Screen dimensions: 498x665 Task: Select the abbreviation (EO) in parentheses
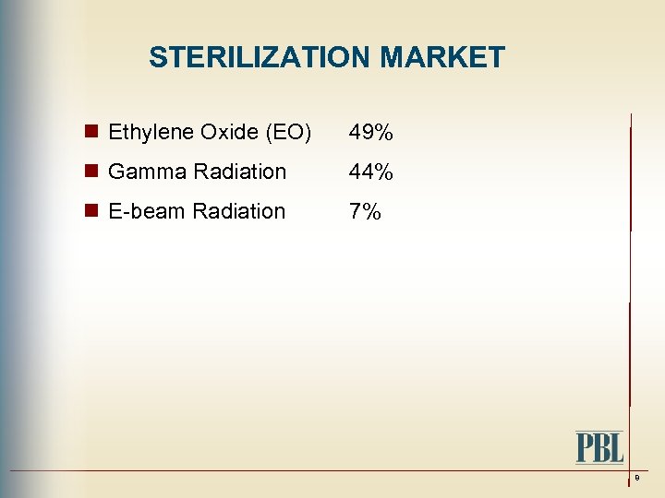pyautogui.click(x=288, y=133)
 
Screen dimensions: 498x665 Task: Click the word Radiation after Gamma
pyautogui.click(x=240, y=172)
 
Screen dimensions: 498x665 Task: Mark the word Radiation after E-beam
pyautogui.click(x=239, y=211)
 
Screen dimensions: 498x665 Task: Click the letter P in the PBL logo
pyautogui.click(x=586, y=448)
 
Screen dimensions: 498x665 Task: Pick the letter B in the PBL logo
pyautogui.click(x=600, y=448)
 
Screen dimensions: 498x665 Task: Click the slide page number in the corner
pyautogui.click(x=636, y=478)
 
